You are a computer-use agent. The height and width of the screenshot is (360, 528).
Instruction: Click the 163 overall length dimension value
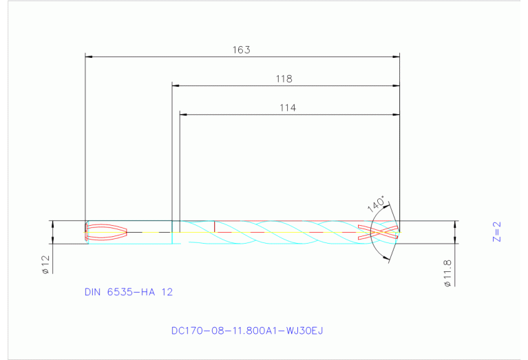(x=242, y=50)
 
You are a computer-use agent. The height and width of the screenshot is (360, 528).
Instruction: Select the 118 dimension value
(x=284, y=78)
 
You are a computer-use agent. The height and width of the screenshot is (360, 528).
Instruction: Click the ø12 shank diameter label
(x=45, y=265)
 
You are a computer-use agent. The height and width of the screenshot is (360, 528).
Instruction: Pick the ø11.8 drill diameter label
(x=447, y=273)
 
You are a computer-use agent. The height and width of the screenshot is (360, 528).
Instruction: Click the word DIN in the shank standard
(x=93, y=292)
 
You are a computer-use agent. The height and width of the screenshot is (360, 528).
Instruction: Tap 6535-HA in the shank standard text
(x=131, y=292)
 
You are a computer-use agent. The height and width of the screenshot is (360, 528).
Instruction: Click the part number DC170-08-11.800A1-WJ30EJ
(x=247, y=330)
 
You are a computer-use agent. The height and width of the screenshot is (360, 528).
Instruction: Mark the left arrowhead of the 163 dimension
(x=87, y=56)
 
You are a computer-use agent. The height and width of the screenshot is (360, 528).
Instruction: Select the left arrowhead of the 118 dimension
(x=176, y=85)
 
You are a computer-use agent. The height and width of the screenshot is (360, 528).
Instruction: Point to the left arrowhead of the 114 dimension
(x=183, y=114)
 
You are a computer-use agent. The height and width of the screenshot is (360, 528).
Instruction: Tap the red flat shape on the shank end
(x=105, y=232)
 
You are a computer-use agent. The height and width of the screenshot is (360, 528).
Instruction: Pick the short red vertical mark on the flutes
(x=215, y=226)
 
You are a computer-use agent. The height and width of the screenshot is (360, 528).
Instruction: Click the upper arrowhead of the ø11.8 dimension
(x=456, y=224)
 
